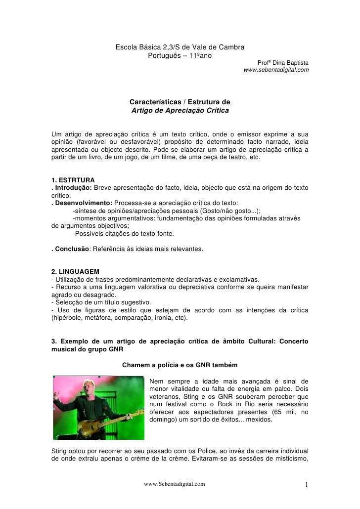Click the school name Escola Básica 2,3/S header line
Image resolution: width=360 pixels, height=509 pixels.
tap(180, 47)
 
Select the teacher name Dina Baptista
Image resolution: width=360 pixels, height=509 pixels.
tap(290, 63)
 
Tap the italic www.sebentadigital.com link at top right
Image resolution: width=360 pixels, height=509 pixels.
tap(276, 70)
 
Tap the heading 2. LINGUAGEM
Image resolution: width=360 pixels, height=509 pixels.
tap(76, 272)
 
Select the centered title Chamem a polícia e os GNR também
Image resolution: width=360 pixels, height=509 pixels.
tap(180, 366)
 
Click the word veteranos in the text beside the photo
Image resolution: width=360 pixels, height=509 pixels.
tap(165, 396)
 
